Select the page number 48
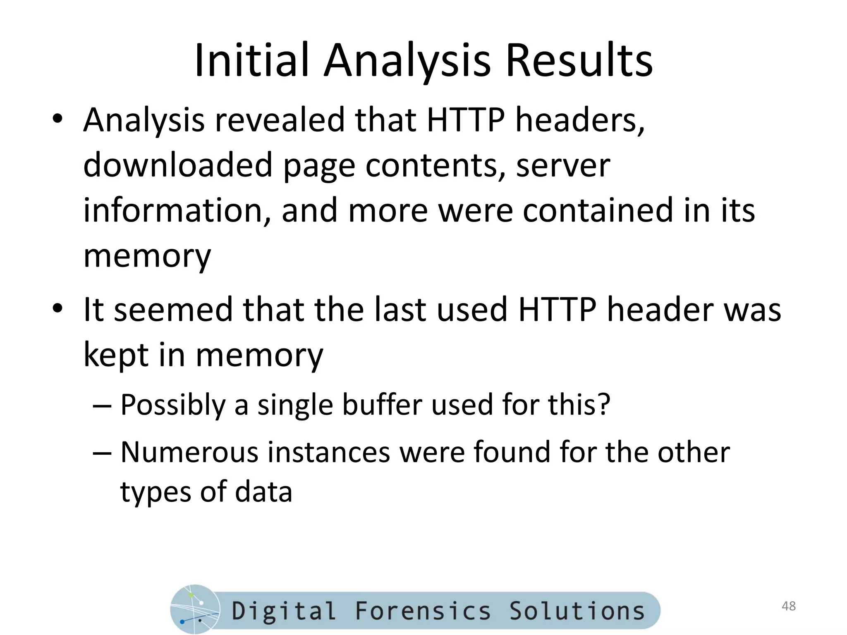pyautogui.click(x=789, y=606)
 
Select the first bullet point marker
pyautogui.click(x=57, y=119)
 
